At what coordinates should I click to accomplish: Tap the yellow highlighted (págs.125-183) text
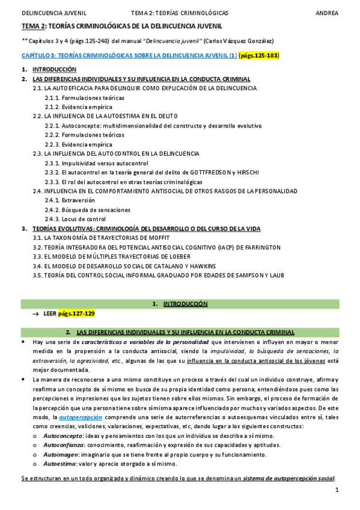[x=259, y=55]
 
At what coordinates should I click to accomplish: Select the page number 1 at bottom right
[x=338, y=491]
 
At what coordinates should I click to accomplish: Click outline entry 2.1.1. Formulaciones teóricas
[x=85, y=97]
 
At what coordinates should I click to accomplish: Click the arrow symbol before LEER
[x=36, y=313]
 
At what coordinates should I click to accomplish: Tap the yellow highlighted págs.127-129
[x=77, y=313]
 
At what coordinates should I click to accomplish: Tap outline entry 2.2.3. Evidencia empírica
[x=79, y=144]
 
